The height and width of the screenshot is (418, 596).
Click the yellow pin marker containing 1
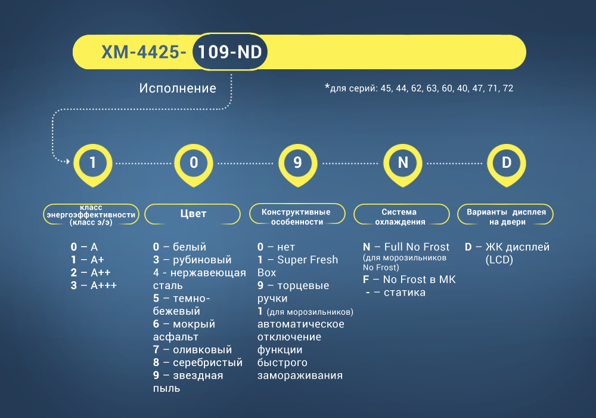[x=93, y=164]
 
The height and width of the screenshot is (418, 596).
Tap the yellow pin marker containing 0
[x=194, y=164]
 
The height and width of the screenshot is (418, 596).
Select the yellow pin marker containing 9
[x=297, y=164]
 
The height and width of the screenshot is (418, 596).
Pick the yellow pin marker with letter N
[x=403, y=164]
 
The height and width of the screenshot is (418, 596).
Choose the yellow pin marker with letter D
[x=507, y=164]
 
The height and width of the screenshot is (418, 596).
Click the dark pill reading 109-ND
[x=230, y=52]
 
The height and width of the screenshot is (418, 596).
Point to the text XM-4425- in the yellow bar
[x=144, y=52]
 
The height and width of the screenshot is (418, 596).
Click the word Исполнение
[x=178, y=88]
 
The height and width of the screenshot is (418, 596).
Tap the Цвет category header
[x=193, y=214]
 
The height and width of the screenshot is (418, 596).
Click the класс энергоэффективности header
[x=91, y=214]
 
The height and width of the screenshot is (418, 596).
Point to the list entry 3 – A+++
[x=94, y=285]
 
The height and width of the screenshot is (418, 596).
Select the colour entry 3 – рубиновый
[x=192, y=260]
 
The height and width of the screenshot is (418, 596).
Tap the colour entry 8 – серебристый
[x=198, y=363]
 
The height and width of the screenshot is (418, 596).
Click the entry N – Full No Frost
[x=406, y=247]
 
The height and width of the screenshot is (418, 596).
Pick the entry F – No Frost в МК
[x=409, y=280]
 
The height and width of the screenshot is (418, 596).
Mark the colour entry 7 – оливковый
[x=193, y=350]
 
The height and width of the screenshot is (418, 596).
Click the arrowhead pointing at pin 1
[x=68, y=161]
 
